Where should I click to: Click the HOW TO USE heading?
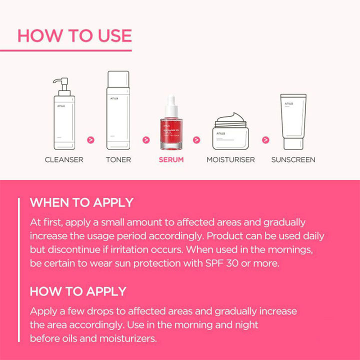pyautogui.click(x=74, y=36)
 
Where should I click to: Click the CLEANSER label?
pyautogui.click(x=64, y=160)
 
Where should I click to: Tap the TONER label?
pyautogui.click(x=118, y=160)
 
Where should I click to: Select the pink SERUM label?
pyautogui.click(x=171, y=160)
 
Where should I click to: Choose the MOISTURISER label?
pyautogui.click(x=230, y=160)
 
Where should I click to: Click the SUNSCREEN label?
pyautogui.click(x=293, y=160)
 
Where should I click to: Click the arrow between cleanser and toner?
pyautogui.click(x=91, y=140)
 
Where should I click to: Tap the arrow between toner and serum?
pyautogui.click(x=145, y=140)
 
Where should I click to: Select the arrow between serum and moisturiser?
pyautogui.click(x=196, y=140)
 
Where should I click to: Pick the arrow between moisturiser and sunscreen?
pyautogui.click(x=265, y=140)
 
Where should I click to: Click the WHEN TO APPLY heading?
pyautogui.click(x=81, y=203)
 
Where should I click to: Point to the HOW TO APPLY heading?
pyautogui.click(x=78, y=291)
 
